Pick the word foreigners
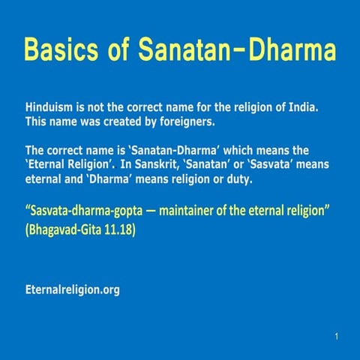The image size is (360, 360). click(x=189, y=121)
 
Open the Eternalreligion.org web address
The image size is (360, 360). click(x=72, y=289)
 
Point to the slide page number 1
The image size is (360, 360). click(x=337, y=337)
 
